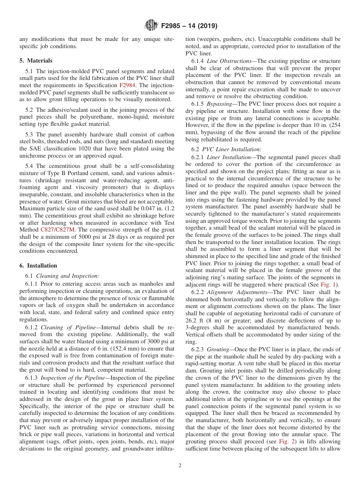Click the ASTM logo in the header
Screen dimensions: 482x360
[x=151, y=26]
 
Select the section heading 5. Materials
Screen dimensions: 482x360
[x=36, y=61]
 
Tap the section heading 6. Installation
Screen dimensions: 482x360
[x=38, y=266]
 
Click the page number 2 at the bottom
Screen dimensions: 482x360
[x=180, y=466]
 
